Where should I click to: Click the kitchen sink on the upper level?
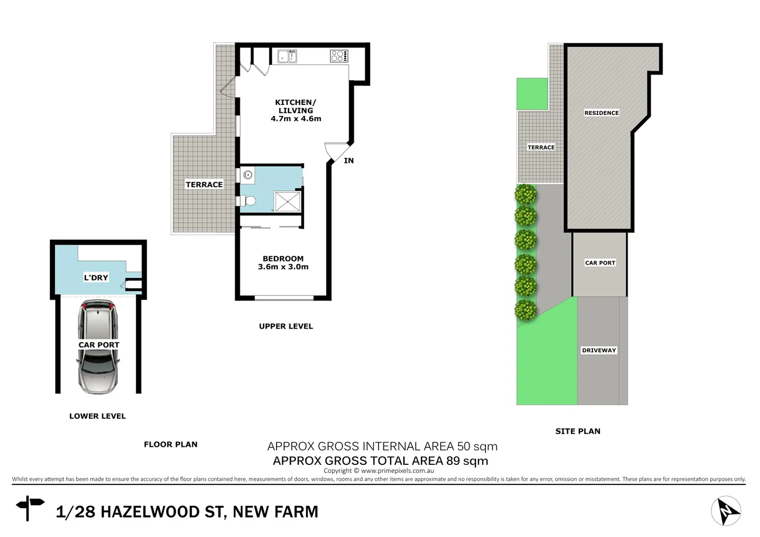coord(287,56)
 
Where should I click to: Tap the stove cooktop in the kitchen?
coord(339,56)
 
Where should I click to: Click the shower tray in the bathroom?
coord(287,201)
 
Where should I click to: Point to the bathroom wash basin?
coord(248,175)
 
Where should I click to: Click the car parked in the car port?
coord(98,348)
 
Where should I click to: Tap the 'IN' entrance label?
coord(349,161)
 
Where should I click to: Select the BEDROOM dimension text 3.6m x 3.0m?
coord(283,267)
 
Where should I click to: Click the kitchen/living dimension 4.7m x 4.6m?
coord(296,119)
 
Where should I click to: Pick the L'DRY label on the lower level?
coord(96,277)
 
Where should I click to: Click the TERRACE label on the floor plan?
coord(204,184)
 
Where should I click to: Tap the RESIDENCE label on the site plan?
coord(601,113)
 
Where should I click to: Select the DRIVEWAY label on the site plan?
coord(599,351)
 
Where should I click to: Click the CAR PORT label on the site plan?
coord(600,263)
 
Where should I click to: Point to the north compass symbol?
coord(726,511)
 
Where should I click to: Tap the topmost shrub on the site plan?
coord(526,194)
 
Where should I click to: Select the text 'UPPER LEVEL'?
coord(286,326)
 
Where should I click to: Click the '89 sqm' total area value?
coord(467,461)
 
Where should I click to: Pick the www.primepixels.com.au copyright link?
coord(397,471)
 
